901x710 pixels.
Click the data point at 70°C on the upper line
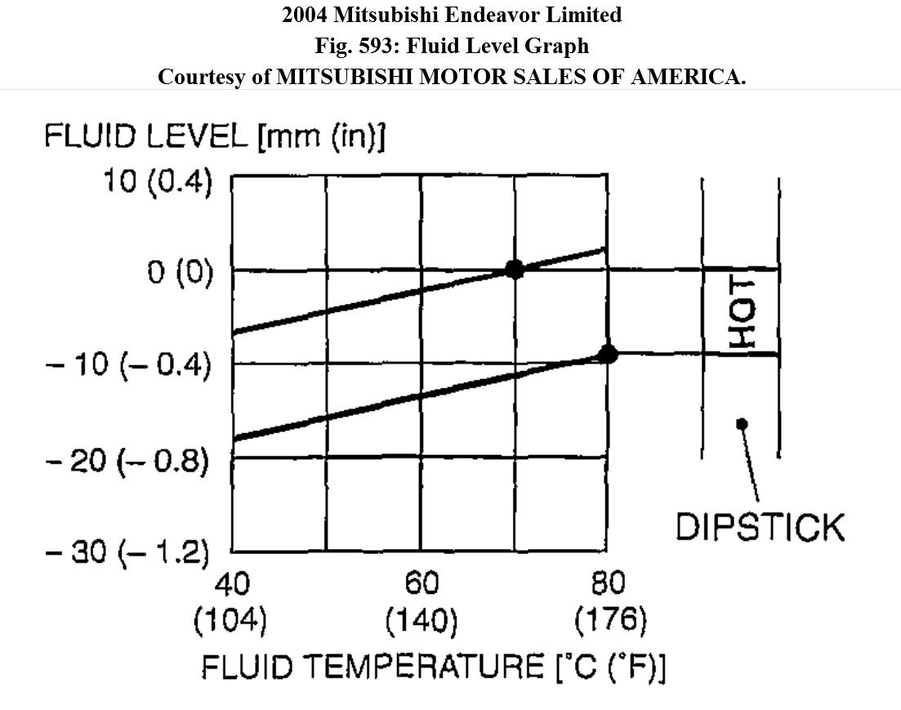(x=514, y=269)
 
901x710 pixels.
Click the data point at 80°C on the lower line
(x=607, y=353)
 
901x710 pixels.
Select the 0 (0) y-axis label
(x=180, y=271)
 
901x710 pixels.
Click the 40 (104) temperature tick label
(x=230, y=603)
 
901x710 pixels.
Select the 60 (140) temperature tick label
(x=421, y=603)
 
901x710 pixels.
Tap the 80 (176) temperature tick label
(x=609, y=603)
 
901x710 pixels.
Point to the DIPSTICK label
(x=760, y=527)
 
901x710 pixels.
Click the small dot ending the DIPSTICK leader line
(x=742, y=423)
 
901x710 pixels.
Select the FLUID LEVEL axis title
(x=214, y=136)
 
